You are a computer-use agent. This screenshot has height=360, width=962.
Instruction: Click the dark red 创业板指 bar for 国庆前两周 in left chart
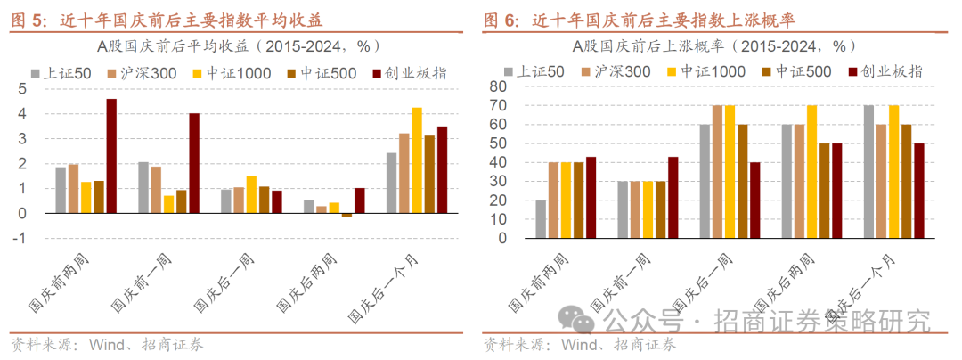pos(111,156)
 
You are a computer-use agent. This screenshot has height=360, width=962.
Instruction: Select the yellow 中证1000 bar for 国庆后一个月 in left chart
pos(417,160)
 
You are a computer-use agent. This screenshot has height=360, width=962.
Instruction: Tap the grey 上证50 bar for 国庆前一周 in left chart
pos(143,188)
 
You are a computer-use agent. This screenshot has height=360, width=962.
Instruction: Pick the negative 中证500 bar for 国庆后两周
pos(346,216)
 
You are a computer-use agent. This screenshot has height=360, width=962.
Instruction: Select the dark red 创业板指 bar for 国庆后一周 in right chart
pos(755,200)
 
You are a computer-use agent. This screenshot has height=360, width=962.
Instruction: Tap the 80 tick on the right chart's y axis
pos(499,86)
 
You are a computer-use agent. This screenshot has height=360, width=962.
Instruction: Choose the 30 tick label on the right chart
pos(499,182)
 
